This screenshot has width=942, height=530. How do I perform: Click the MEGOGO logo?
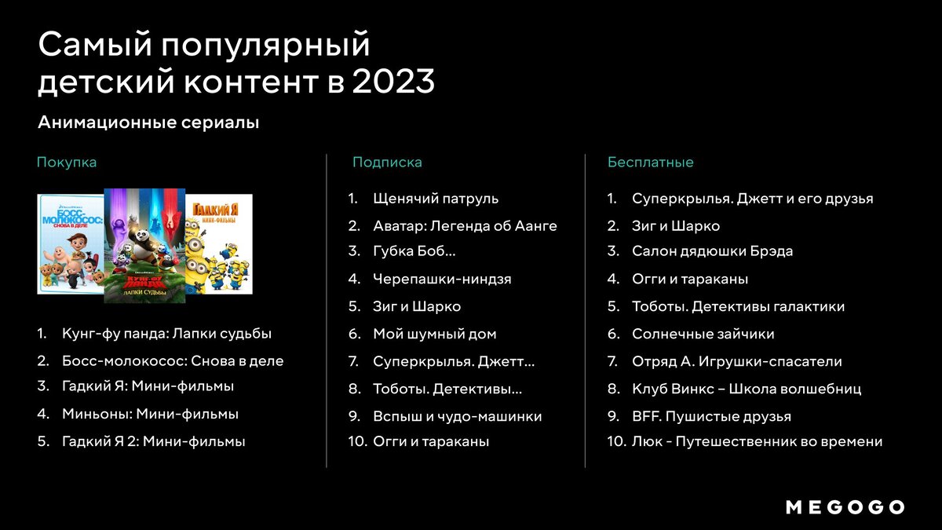[x=845, y=507]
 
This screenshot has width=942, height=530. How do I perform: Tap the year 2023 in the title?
[x=393, y=82]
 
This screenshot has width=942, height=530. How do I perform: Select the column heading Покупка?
[x=67, y=163]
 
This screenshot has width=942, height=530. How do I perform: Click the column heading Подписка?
[x=387, y=163]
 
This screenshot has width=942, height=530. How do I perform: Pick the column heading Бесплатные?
[x=650, y=163]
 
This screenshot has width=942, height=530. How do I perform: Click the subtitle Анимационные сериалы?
[x=148, y=123]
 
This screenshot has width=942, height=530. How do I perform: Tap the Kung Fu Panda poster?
[x=145, y=246]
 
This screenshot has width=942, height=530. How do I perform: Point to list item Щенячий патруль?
[x=436, y=199]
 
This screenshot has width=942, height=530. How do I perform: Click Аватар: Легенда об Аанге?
[x=465, y=226]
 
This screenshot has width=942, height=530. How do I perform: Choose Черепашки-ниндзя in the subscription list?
[x=442, y=279]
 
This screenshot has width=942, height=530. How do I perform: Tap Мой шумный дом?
[x=434, y=334]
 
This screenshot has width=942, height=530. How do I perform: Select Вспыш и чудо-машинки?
[x=457, y=416]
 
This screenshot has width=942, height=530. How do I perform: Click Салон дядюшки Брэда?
[x=712, y=252]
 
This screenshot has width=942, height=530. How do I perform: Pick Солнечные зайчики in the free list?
[x=703, y=334]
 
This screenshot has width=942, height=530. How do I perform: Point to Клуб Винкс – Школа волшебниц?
[x=746, y=389]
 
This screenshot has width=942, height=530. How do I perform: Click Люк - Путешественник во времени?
[x=757, y=442]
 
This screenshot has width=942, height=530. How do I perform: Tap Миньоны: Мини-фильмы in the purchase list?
[x=150, y=414]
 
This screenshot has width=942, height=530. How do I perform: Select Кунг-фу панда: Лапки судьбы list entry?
[x=166, y=334]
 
